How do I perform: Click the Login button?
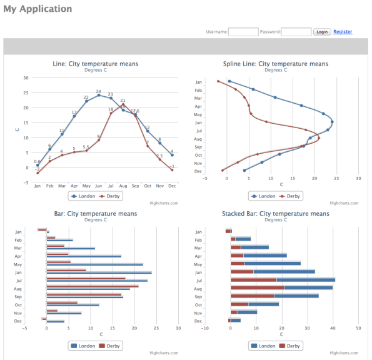(x=322, y=32)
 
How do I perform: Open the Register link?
(x=343, y=32)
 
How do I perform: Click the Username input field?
(x=243, y=32)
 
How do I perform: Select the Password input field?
(x=296, y=32)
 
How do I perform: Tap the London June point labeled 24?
(x=98, y=95)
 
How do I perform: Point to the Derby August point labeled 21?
(x=123, y=104)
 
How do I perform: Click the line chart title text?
(x=96, y=64)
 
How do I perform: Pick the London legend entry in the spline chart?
(x=263, y=196)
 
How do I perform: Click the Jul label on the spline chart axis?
(x=199, y=131)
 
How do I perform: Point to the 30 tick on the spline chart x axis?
(x=358, y=178)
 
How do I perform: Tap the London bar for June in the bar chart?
(x=99, y=273)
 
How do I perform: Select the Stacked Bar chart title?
(x=275, y=214)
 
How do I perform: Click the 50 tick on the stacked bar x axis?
(x=358, y=328)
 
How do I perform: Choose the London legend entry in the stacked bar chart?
(x=263, y=346)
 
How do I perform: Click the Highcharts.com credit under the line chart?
(x=164, y=203)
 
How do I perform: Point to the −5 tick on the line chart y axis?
(x=26, y=182)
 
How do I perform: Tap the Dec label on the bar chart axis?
(x=19, y=321)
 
